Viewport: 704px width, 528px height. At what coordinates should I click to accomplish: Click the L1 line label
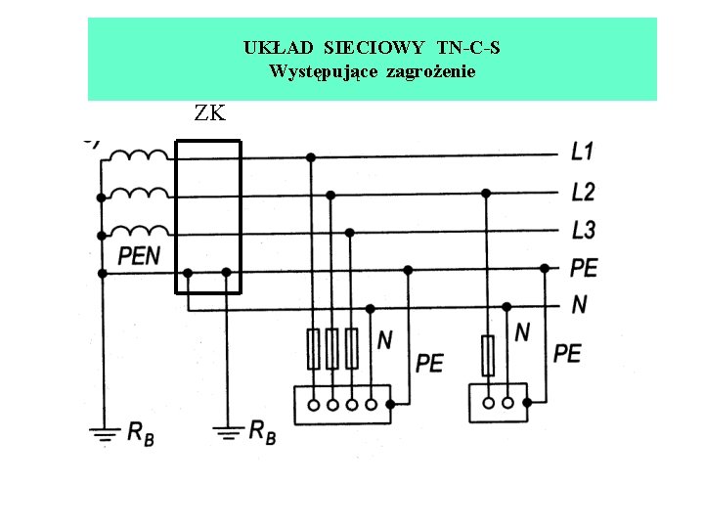tap(583, 153)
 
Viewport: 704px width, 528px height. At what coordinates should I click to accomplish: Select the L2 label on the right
tap(583, 192)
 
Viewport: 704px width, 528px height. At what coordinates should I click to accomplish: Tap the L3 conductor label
tap(583, 231)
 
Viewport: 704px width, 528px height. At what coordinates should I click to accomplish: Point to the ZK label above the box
tap(209, 113)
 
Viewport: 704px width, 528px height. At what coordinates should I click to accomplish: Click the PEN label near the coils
tap(140, 256)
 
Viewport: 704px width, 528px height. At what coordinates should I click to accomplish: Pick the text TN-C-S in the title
tap(469, 47)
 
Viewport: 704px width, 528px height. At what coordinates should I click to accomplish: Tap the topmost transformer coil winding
tap(137, 156)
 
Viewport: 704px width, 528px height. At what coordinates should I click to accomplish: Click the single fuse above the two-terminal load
tap(487, 355)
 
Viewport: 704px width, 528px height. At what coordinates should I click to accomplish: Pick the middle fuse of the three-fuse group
tap(331, 348)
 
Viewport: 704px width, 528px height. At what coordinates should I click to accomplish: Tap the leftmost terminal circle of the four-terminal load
tap(314, 403)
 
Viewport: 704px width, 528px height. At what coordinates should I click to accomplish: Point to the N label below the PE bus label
tap(580, 305)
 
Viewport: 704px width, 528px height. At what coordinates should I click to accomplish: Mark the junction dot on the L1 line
tap(311, 156)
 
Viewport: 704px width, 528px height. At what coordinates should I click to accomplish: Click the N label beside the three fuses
tap(385, 339)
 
